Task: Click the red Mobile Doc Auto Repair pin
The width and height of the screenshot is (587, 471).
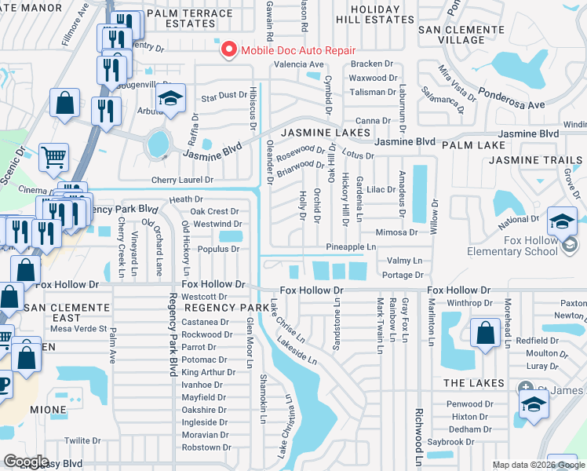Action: pyautogui.click(x=228, y=49)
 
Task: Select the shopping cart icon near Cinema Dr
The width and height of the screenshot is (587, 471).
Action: pyautogui.click(x=53, y=157)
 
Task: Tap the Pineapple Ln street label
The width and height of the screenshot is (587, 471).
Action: pyautogui.click(x=352, y=247)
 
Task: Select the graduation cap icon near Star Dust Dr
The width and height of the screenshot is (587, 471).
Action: pyautogui.click(x=170, y=100)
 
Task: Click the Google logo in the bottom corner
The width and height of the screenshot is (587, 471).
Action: pyautogui.click(x=26, y=461)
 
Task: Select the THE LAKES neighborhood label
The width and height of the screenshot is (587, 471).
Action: pyautogui.click(x=473, y=382)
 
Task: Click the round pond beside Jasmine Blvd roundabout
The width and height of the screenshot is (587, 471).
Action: pyautogui.click(x=158, y=144)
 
